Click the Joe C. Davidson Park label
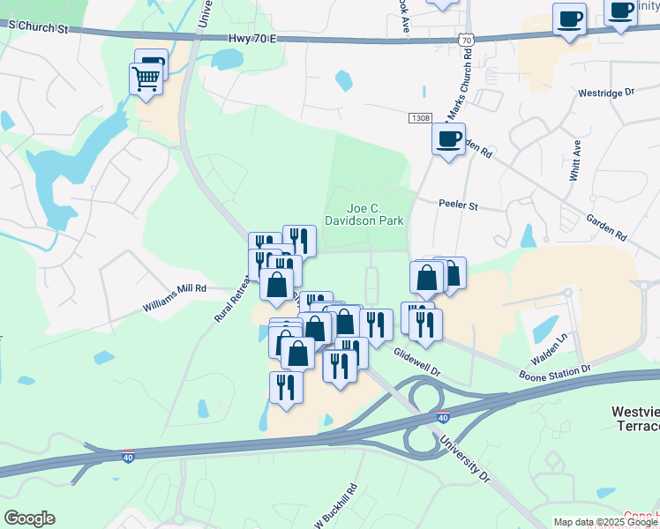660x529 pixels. [x=364, y=213]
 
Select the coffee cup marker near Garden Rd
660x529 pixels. [x=449, y=138]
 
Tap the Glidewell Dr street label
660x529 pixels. [x=416, y=362]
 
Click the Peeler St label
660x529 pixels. [x=458, y=205]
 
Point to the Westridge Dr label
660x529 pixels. [x=606, y=93]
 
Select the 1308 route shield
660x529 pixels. [x=420, y=117]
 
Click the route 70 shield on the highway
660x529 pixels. [x=467, y=40]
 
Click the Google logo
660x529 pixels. [x=29, y=518]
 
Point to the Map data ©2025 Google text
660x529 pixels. [x=605, y=522]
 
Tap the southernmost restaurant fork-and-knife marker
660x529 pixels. [x=286, y=386]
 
